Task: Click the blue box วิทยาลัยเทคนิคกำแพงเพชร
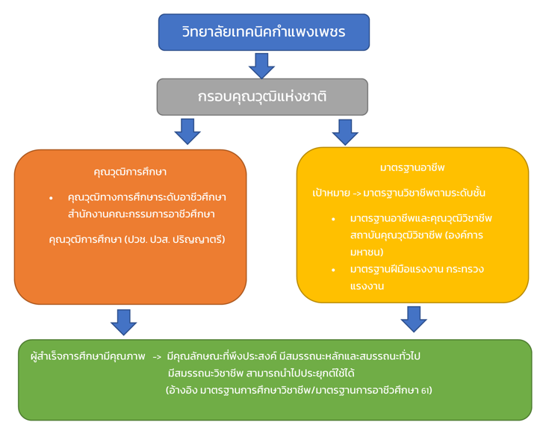coord(264,32)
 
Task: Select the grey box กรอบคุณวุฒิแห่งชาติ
coord(262,97)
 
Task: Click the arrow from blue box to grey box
coord(262,65)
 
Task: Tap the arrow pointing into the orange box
coord(187,131)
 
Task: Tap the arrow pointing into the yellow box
coord(345,131)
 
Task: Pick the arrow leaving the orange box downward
coord(123,321)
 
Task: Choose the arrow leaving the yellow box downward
coord(413,318)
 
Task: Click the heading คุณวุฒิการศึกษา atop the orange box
coord(130,172)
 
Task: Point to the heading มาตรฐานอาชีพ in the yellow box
coord(412,168)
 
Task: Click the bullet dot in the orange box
coord(51,199)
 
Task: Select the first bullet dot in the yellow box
coord(333,220)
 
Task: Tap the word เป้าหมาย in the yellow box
coord(329,193)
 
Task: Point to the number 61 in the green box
coord(426,391)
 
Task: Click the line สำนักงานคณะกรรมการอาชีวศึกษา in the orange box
coord(141,214)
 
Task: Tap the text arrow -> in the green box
coord(157,357)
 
